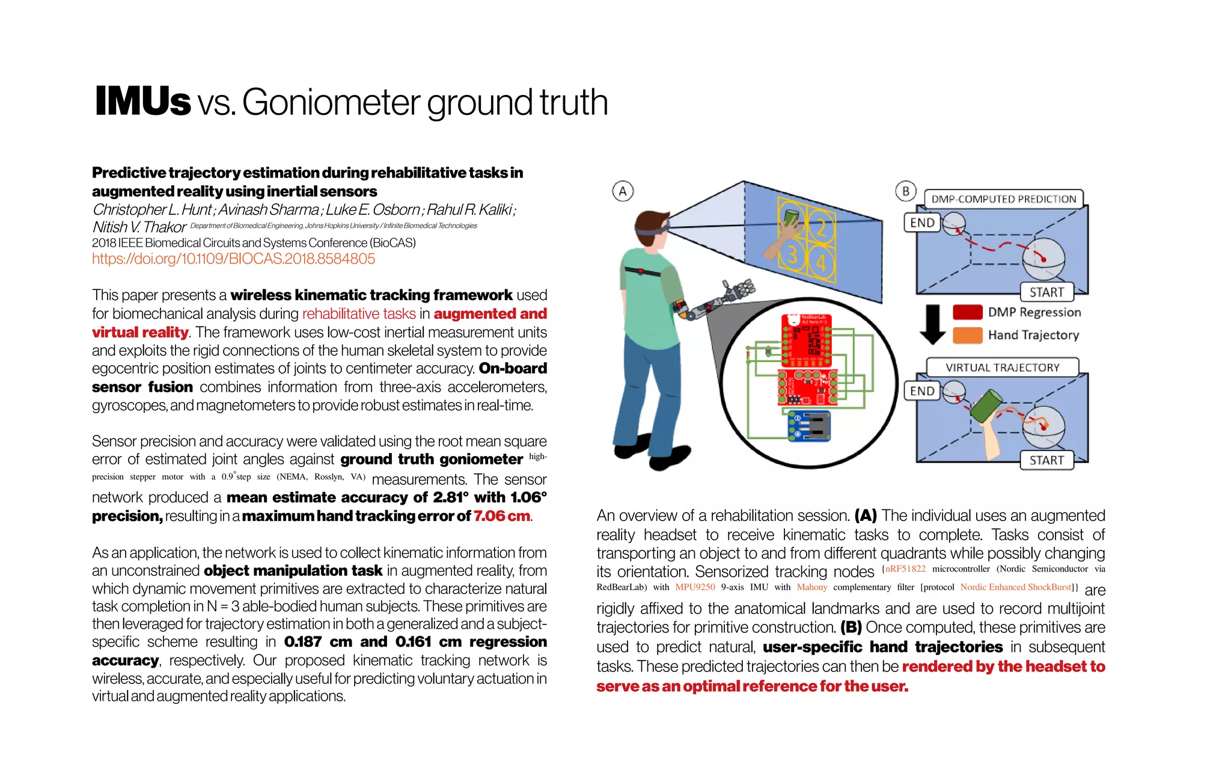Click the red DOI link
coord(233,259)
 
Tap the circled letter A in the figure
coord(623,191)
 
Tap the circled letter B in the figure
coord(905,191)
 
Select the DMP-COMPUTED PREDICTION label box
coord(1003,199)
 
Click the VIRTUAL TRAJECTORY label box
coord(1002,368)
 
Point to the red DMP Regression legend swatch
coord(967,312)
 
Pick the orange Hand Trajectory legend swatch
coord(967,335)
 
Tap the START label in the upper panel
coord(1046,292)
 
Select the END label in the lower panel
coord(921,391)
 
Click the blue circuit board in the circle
coord(809,426)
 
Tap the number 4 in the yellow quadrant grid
coord(821,263)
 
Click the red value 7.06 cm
coord(501,516)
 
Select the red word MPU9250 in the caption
coord(695,587)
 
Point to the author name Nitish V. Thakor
coord(139,227)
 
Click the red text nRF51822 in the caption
coord(905,568)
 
